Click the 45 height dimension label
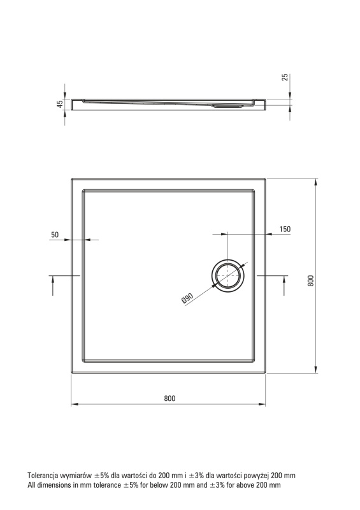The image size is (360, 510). pos(60,105)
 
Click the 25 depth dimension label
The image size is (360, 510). pos(285,77)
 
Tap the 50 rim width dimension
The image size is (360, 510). pos(55,235)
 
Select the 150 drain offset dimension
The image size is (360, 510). pos(285,229)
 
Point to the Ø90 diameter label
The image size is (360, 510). pos(187,298)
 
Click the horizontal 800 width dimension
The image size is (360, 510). pos(169,398)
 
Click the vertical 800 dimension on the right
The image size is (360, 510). pos(311,280)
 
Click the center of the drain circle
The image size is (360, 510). pos(227,276)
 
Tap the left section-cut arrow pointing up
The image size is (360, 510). pos(53,286)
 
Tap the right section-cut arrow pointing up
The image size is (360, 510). pos(284,286)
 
